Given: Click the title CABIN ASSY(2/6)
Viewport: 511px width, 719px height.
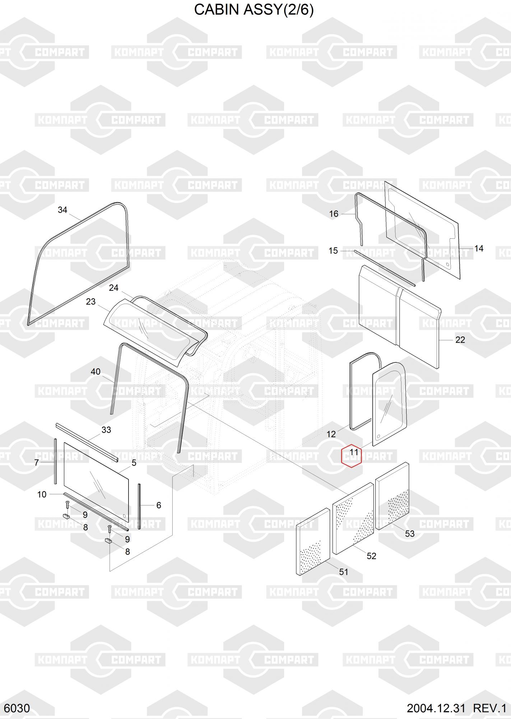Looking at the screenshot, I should pyautogui.click(x=254, y=10).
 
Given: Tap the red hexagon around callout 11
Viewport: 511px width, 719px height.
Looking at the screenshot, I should pyautogui.click(x=351, y=455).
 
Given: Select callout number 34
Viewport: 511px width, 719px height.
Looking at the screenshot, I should pyautogui.click(x=62, y=210).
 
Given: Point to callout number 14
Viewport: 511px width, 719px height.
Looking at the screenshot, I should pyautogui.click(x=479, y=248).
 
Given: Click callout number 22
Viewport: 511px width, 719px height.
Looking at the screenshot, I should pyautogui.click(x=460, y=340).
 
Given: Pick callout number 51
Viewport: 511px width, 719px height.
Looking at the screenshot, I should pyautogui.click(x=344, y=572).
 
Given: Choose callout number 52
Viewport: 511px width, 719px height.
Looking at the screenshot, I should pyautogui.click(x=371, y=556).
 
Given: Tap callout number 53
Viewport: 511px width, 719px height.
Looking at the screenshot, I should pyautogui.click(x=410, y=534).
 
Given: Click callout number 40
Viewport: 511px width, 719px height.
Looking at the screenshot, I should pyautogui.click(x=96, y=372).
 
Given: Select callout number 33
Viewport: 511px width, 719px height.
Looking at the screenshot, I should pyautogui.click(x=106, y=430).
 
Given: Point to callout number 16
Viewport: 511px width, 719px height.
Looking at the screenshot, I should pyautogui.click(x=334, y=214).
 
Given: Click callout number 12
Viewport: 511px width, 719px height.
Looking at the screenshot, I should pyautogui.click(x=331, y=434).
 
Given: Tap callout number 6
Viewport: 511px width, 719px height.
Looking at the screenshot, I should pyautogui.click(x=159, y=505).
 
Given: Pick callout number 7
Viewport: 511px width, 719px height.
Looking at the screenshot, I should pyautogui.click(x=36, y=463).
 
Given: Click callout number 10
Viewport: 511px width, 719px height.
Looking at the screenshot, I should pyautogui.click(x=42, y=494).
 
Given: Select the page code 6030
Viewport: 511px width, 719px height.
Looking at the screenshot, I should pyautogui.click(x=17, y=708).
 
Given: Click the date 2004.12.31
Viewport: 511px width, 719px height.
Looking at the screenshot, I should pyautogui.click(x=436, y=708).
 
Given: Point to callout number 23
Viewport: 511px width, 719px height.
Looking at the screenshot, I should pyautogui.click(x=91, y=302).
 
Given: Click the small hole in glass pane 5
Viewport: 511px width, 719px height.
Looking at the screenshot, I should pyautogui.click(x=124, y=516).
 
